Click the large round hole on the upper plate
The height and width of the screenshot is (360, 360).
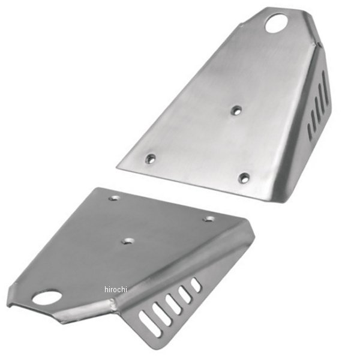277,23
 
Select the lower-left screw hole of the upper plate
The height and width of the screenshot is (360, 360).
151,158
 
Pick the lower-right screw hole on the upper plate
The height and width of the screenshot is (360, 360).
244,178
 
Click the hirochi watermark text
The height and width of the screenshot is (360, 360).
115,290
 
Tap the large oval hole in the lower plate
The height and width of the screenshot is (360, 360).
47,297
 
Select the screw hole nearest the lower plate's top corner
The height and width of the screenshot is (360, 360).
114,198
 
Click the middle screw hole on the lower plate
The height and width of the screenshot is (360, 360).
128,241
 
